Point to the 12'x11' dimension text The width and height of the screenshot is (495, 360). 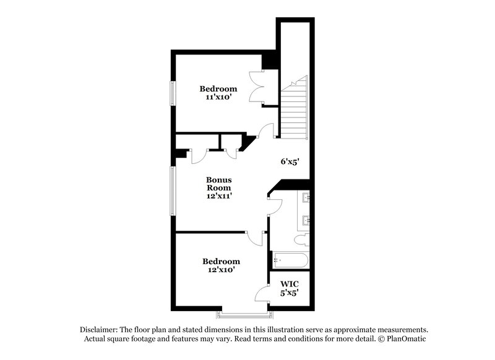[219, 195]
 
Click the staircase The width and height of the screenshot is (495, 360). [295, 108]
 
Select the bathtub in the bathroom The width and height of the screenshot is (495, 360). [290, 260]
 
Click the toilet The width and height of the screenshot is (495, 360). [302, 239]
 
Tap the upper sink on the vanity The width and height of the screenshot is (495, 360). [305, 198]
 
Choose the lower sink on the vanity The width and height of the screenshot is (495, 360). [305, 220]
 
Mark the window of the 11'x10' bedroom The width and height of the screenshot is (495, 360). [173, 93]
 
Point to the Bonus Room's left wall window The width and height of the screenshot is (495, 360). [173, 191]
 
